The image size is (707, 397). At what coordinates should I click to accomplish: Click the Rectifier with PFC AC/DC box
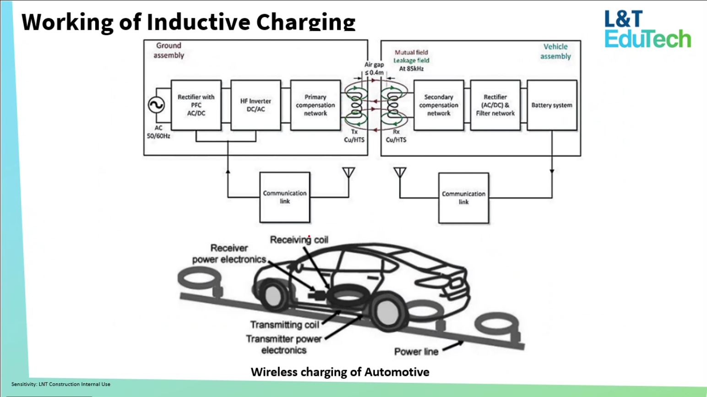[x=196, y=105]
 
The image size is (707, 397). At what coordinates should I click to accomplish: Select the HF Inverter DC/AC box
[x=256, y=105]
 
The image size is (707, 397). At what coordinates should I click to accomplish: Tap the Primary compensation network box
[x=315, y=105]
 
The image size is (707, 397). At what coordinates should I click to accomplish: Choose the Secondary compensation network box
[x=439, y=105]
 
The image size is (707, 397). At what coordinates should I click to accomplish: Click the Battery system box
[x=552, y=105]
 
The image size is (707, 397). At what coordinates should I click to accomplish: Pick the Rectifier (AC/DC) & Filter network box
[x=495, y=105]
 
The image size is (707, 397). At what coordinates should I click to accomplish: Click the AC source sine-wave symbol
[x=156, y=105]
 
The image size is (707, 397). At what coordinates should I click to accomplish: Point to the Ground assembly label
[x=169, y=50]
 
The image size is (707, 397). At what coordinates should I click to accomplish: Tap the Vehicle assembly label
[x=555, y=51]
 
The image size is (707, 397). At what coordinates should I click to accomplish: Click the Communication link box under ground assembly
[x=285, y=197]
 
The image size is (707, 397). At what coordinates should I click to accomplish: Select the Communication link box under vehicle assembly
[x=463, y=198]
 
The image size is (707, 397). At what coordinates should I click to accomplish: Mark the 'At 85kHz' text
[x=411, y=69]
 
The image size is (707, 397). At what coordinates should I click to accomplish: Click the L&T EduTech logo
[x=647, y=30]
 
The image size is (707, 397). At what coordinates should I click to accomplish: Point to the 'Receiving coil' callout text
[x=299, y=239]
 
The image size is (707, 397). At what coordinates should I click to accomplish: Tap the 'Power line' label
[x=416, y=352]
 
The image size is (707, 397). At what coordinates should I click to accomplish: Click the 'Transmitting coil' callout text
[x=284, y=325]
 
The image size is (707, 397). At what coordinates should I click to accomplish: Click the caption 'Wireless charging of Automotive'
[x=340, y=372]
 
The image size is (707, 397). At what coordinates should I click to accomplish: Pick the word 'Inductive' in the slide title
[x=198, y=22]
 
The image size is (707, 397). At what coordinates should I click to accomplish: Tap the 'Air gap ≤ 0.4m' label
[x=374, y=69]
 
